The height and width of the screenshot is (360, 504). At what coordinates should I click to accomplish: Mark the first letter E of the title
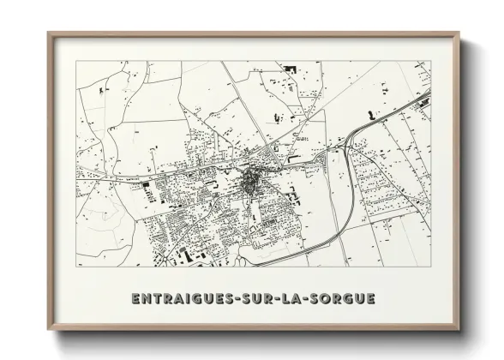point(136,298)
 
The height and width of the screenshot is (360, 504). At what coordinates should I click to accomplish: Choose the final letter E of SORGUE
point(370,298)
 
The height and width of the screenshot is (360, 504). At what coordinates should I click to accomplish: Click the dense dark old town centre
point(251,180)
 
